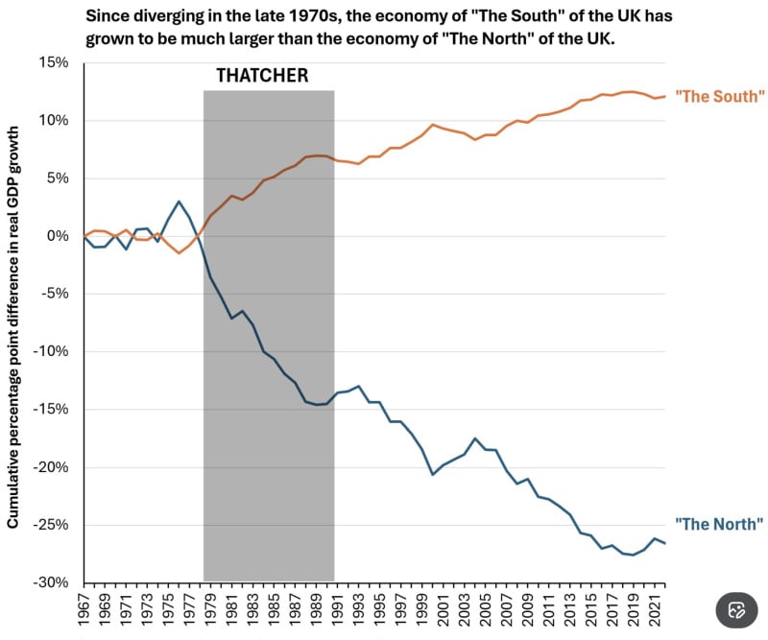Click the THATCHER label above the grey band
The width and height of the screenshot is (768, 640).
tap(262, 76)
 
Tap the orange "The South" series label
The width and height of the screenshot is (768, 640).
tap(719, 96)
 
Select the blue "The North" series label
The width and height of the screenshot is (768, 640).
tap(719, 524)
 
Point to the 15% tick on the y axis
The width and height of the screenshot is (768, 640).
tap(54, 62)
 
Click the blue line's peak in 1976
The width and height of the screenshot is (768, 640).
tap(179, 201)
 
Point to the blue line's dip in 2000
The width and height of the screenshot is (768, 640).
tap(433, 474)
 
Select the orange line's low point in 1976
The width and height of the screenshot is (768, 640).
tap(179, 252)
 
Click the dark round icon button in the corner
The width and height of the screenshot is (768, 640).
tap(736, 609)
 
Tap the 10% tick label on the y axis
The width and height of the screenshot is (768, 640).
tap(54, 120)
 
